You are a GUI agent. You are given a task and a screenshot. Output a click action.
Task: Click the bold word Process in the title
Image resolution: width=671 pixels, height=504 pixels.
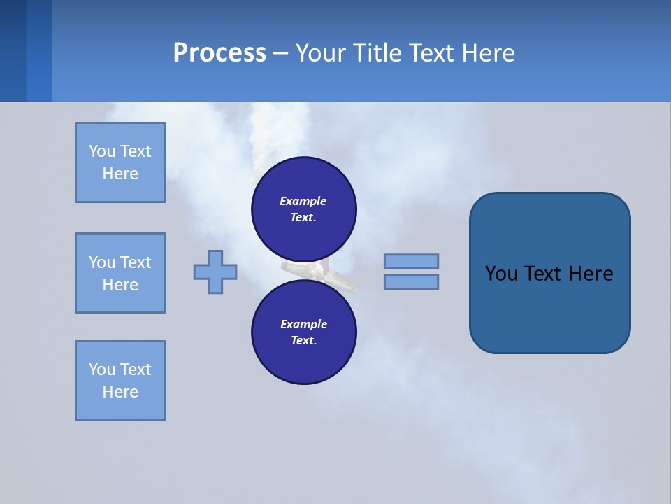219,53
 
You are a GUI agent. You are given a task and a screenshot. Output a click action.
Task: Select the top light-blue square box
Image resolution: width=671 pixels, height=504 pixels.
120,162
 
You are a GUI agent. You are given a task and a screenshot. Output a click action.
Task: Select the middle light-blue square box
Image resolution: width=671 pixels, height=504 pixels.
120,273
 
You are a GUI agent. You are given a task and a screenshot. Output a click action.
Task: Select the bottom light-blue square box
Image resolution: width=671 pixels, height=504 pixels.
120,381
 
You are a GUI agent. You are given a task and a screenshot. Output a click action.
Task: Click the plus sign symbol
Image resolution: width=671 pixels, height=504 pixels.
215,271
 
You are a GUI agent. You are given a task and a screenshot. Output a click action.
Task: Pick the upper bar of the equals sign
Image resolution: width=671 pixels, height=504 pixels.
411,261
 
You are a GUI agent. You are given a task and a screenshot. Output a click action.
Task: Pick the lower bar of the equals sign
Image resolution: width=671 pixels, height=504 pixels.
411,281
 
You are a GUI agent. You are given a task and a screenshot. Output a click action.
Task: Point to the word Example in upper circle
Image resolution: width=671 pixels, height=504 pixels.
303,201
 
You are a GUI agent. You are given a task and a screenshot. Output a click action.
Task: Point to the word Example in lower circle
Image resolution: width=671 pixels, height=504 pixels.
303,324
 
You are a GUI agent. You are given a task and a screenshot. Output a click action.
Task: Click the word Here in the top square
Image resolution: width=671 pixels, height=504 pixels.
120,174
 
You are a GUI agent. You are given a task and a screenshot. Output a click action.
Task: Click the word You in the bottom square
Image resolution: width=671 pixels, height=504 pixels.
102,370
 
